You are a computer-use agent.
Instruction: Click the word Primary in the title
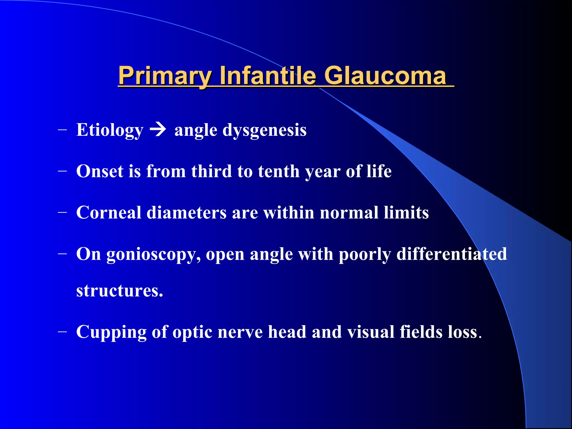165,76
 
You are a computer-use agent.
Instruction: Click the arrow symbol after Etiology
158,130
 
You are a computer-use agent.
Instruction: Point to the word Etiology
110,130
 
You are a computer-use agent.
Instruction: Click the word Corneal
109,213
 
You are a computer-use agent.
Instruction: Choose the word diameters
187,213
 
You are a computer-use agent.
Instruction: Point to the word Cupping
111,332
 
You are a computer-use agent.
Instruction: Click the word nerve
240,332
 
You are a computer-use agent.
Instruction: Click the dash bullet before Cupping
63,332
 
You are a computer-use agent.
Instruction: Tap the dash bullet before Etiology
63,130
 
